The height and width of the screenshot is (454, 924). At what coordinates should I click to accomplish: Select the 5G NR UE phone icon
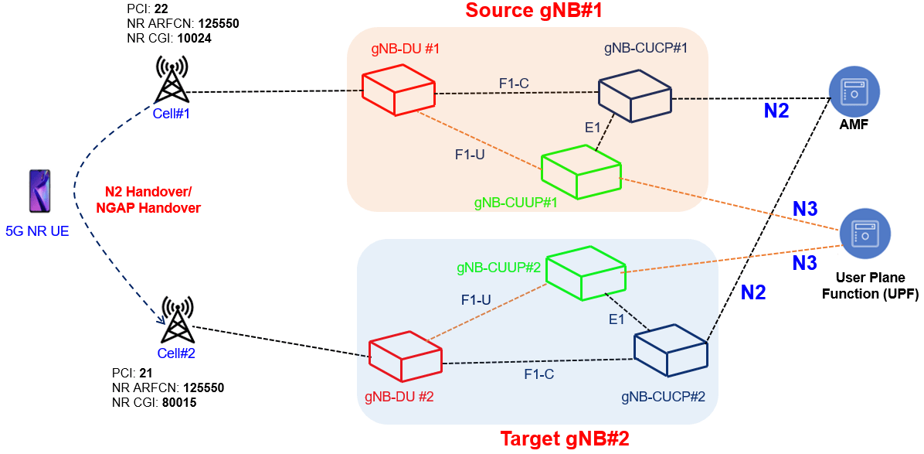[39, 191]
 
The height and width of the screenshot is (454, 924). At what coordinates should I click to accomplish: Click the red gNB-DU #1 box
[398, 92]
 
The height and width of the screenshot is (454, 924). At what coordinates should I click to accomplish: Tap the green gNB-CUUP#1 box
[581, 172]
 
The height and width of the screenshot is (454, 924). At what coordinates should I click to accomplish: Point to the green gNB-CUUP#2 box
[586, 272]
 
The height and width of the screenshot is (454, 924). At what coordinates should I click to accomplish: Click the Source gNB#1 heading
[533, 11]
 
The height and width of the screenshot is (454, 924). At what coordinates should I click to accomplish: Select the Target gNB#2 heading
[565, 439]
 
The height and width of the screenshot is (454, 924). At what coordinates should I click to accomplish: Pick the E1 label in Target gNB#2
[617, 319]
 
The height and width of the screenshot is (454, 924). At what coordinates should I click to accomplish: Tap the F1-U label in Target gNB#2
[477, 299]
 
